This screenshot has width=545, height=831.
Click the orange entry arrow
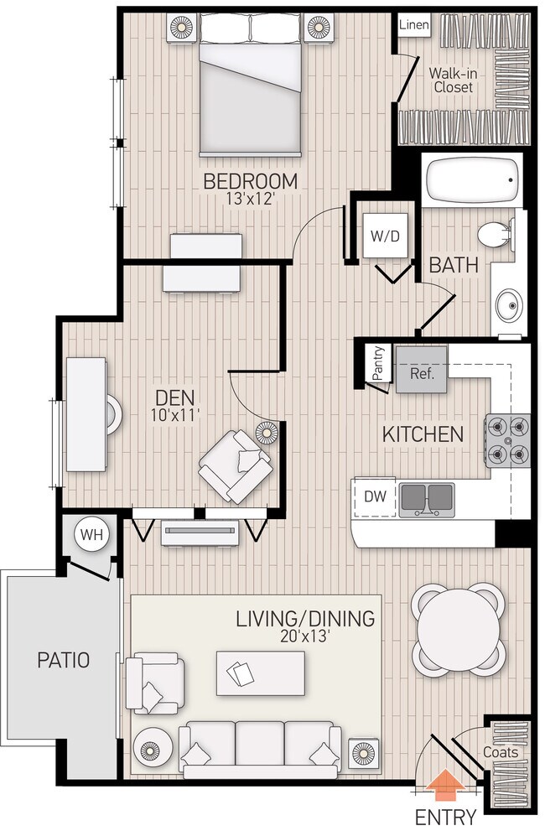pyautogui.click(x=446, y=787)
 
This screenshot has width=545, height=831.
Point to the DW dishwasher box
pyautogui.click(x=375, y=496)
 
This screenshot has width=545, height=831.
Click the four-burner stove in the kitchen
pyautogui.click(x=508, y=440)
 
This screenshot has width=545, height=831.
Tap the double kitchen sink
pyautogui.click(x=426, y=500)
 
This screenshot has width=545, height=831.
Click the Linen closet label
pyautogui.click(x=413, y=25)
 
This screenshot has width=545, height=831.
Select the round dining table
pyautogui.click(x=459, y=629)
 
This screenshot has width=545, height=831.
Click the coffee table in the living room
pyautogui.click(x=260, y=673)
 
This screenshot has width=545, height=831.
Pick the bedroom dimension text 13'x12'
pyautogui.click(x=251, y=200)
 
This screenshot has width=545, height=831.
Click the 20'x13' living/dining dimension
pyautogui.click(x=304, y=636)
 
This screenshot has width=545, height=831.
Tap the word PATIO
pyautogui.click(x=63, y=660)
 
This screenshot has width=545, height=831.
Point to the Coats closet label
pyautogui.click(x=500, y=752)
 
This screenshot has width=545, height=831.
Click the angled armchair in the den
pyautogui.click(x=236, y=465)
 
